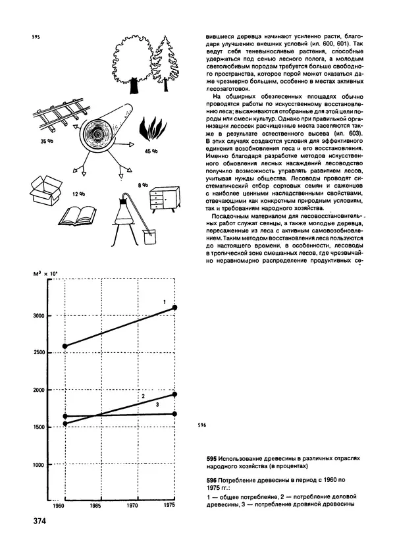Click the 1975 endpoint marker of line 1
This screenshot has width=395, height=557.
point(174,307)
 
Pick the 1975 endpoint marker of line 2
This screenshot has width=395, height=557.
point(174,394)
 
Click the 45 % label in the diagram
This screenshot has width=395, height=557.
point(151,152)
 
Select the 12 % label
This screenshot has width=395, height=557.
point(79,195)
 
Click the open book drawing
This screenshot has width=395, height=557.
point(79,215)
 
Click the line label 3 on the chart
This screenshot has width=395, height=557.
point(157,406)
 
